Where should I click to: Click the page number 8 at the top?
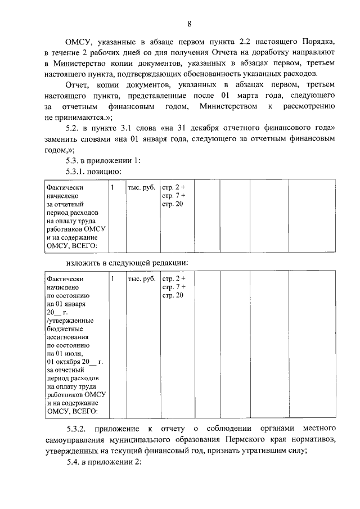190,24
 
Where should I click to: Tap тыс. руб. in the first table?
141,187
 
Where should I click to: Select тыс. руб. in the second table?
141,279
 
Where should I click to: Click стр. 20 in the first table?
172,203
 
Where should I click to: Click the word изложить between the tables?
83,263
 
